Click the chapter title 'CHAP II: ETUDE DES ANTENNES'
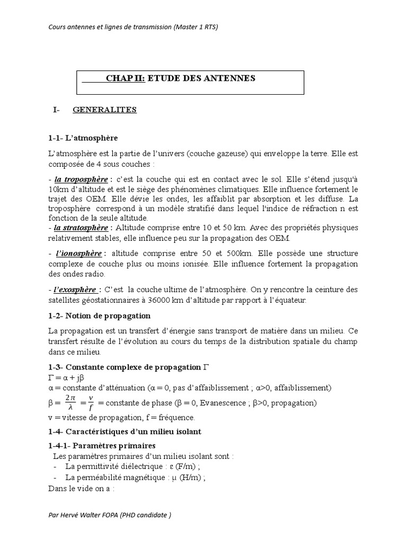pyautogui.click(x=181, y=78)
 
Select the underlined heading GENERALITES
pyautogui.click(x=104, y=110)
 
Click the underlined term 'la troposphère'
pyautogui.click(x=80, y=179)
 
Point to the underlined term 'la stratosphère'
pyautogui.click(x=81, y=228)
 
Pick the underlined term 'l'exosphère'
pyautogui.click(x=76, y=290)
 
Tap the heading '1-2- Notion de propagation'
pyautogui.click(x=99, y=316)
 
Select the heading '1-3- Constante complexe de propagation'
pyautogui.click(x=125, y=367)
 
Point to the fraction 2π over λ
pyautogui.click(x=71, y=403)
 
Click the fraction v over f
pyautogui.click(x=91, y=403)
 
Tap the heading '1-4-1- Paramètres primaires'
pyautogui.click(x=102, y=446)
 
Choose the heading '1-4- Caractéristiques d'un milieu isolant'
pyautogui.click(x=125, y=432)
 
